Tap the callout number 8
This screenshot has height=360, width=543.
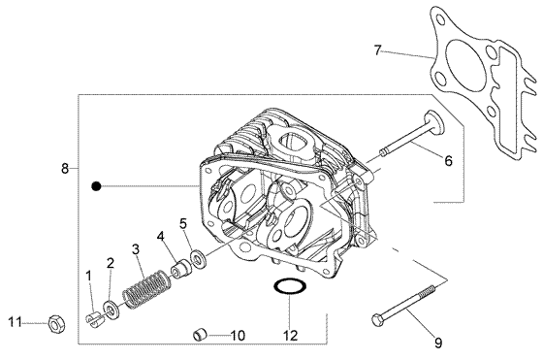pyautogui.click(x=65, y=168)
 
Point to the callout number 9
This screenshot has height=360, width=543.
pyautogui.click(x=437, y=342)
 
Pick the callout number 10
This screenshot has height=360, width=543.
pyautogui.click(x=238, y=336)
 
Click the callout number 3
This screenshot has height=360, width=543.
pyautogui.click(x=137, y=249)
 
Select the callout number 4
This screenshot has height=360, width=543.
pyautogui.click(x=161, y=234)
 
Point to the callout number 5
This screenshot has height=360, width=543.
pyautogui.click(x=182, y=223)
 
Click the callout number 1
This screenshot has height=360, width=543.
pyautogui.click(x=88, y=277)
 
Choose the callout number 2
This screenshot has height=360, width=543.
pyautogui.click(x=110, y=263)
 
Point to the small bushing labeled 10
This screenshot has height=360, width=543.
pyautogui.click(x=201, y=336)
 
